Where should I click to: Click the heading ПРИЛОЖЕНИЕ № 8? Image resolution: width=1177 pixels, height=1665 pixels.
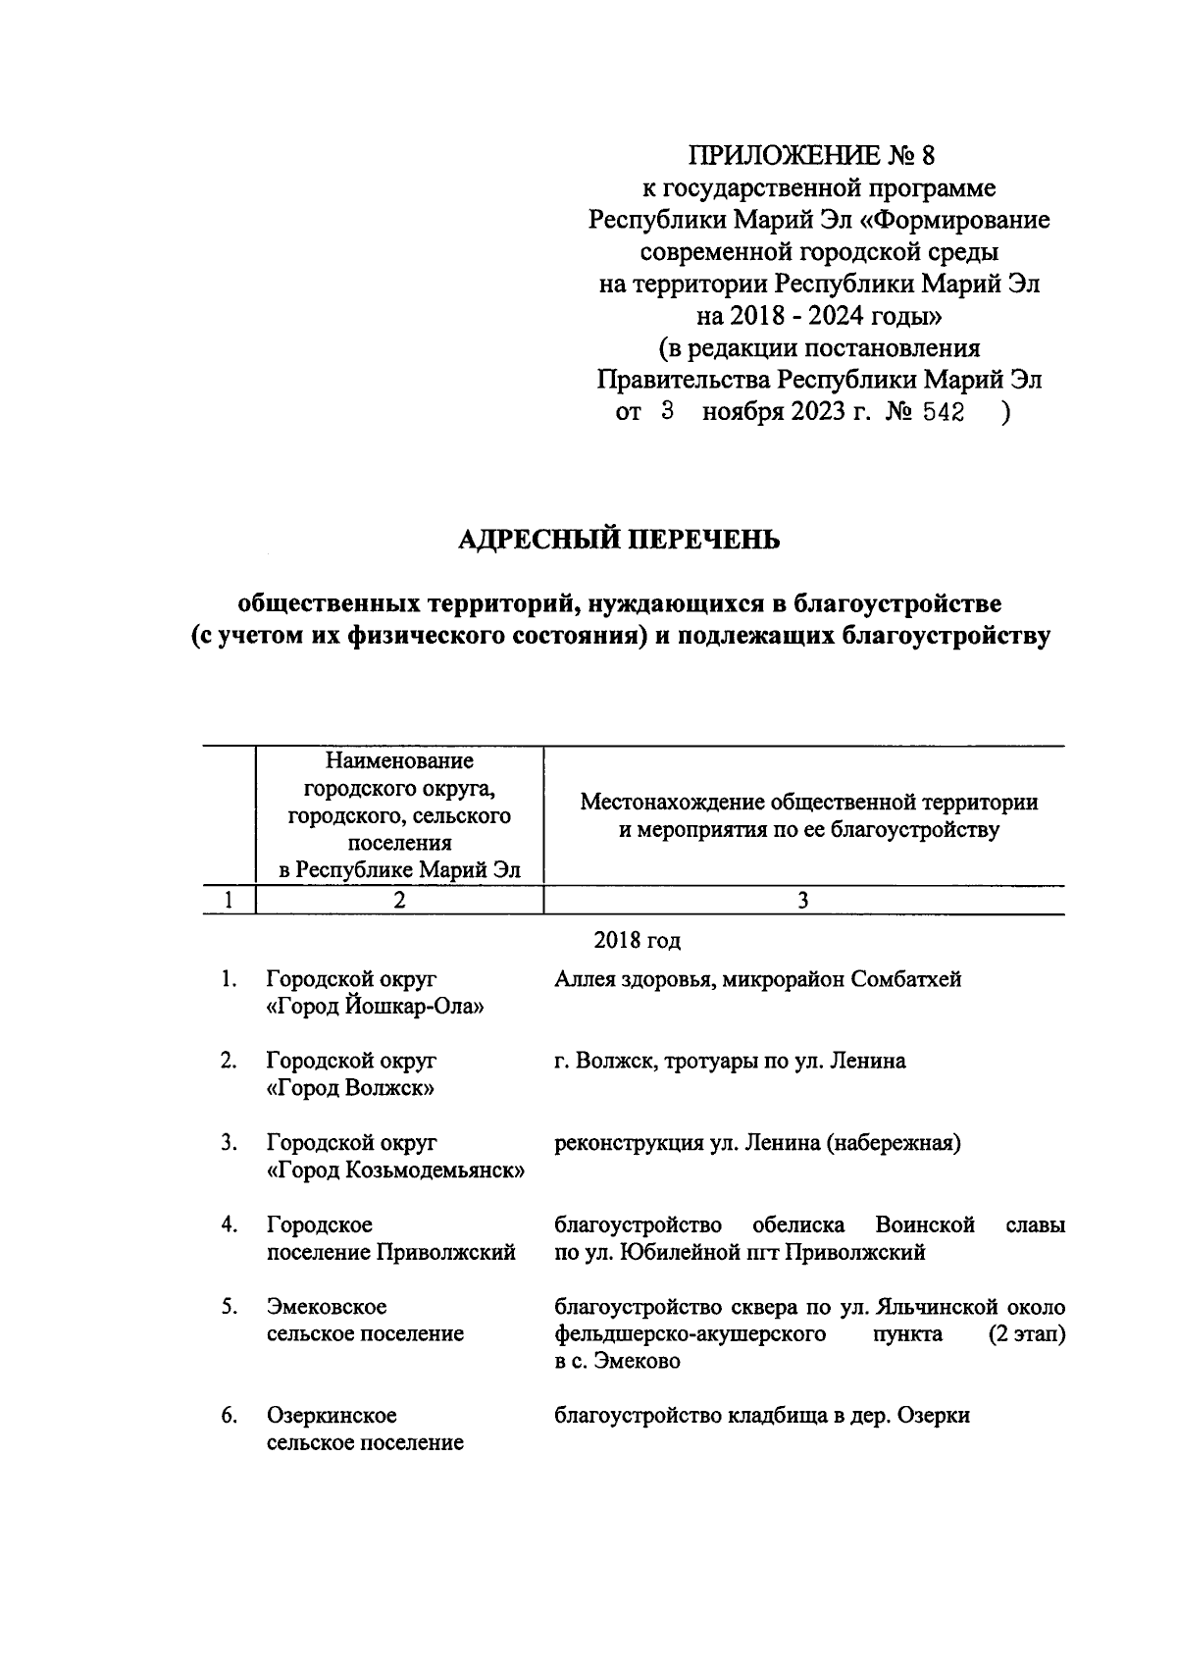(x=819, y=156)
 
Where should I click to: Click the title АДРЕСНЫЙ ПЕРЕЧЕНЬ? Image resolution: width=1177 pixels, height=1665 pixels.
(x=620, y=539)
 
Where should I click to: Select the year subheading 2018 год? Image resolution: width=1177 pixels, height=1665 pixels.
(x=637, y=941)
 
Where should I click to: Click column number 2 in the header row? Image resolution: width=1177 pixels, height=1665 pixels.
(x=398, y=901)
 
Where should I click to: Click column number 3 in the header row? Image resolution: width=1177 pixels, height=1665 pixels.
(x=803, y=901)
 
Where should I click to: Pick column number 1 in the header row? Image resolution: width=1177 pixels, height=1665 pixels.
(x=229, y=901)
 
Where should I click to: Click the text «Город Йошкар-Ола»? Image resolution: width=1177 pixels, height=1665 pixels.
(x=376, y=1007)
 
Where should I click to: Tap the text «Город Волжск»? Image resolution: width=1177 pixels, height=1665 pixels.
(x=350, y=1088)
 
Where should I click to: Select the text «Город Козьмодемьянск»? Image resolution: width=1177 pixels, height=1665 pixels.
(x=395, y=1171)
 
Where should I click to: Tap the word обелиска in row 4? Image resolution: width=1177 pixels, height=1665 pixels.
(x=798, y=1225)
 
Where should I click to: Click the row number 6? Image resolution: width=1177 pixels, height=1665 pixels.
(x=229, y=1416)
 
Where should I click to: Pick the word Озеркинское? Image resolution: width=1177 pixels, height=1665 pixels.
(x=332, y=1416)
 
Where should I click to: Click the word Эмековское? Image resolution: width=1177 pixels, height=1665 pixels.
(x=327, y=1307)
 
